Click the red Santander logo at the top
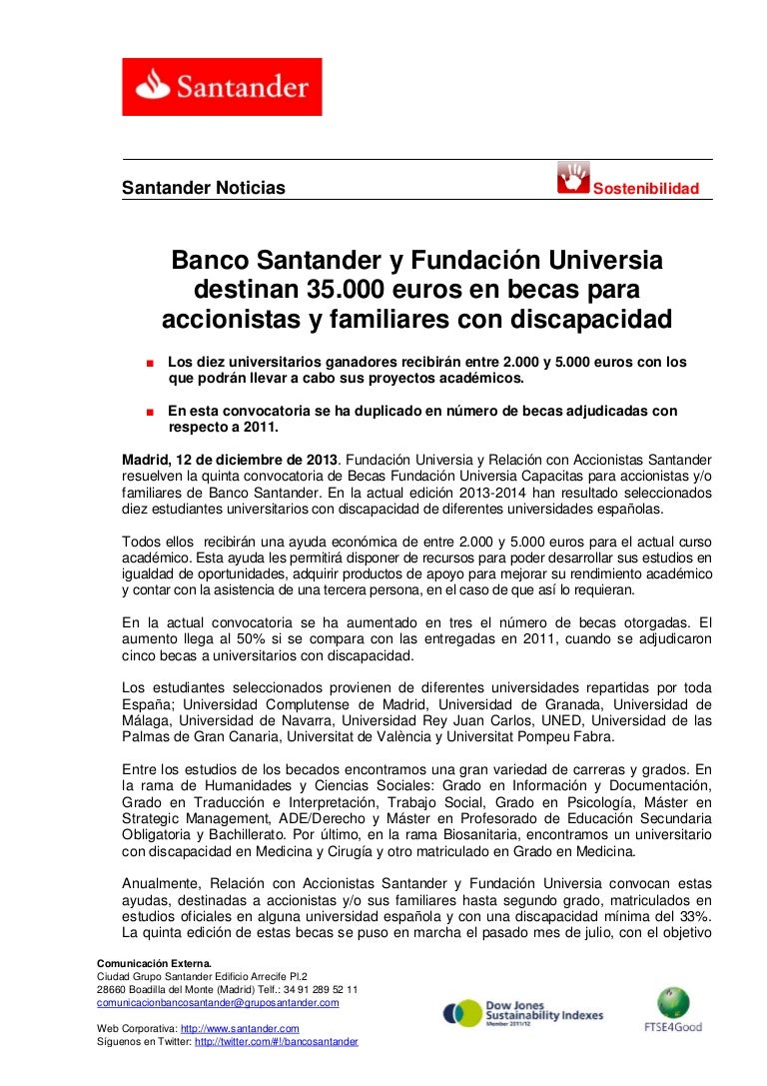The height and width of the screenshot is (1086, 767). click(222, 86)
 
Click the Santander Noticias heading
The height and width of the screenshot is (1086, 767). click(203, 188)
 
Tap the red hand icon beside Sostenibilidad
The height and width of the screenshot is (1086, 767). click(573, 178)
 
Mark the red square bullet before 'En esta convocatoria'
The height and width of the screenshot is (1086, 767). click(148, 412)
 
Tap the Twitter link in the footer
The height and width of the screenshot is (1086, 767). click(276, 1041)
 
